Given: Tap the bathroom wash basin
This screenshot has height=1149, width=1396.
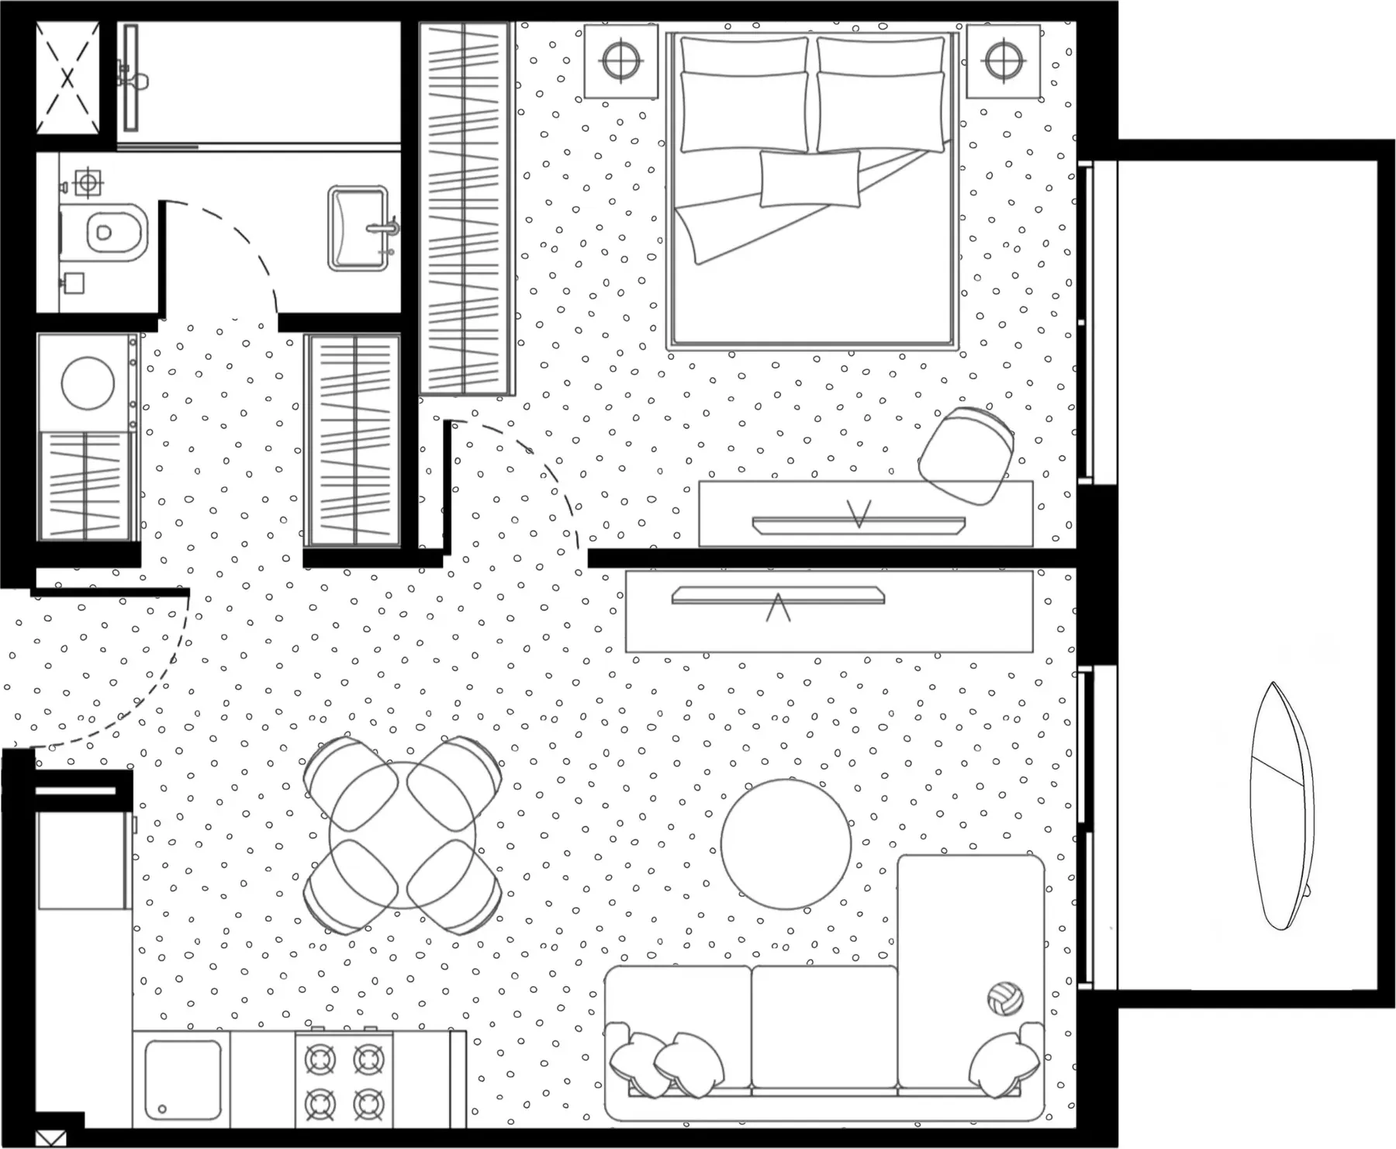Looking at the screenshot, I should coord(358,228).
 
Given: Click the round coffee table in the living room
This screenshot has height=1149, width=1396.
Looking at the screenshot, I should coord(786,844).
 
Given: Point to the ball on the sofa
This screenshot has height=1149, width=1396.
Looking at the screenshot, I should coord(1005,998).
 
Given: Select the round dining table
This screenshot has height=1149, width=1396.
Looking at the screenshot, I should coord(403,836).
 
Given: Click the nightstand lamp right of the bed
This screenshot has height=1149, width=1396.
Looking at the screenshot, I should coord(1003,61).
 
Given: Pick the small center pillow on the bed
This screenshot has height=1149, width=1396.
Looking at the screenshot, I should coord(810,178).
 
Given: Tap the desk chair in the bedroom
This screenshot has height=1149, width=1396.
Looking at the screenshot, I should coord(966,455).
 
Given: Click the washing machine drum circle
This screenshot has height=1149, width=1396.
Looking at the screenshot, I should coord(88,383).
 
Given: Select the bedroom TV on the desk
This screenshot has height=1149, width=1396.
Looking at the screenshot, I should coord(859,524).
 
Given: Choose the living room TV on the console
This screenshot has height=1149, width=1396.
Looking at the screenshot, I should coord(778,596).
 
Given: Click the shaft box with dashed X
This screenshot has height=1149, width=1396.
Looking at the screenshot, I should coord(67,77).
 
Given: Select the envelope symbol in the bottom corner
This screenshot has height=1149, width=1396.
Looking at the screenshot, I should coord(50,1139).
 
